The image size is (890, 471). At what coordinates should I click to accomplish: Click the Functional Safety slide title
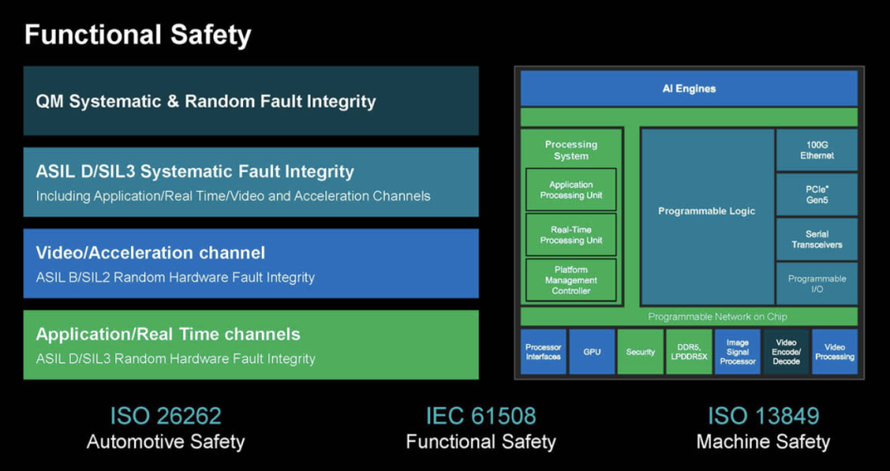138,35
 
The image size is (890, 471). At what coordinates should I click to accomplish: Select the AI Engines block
689,88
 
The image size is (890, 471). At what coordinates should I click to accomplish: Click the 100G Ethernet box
817,150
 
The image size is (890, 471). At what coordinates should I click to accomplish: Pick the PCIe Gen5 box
817,194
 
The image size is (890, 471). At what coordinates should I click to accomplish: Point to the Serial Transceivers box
817,239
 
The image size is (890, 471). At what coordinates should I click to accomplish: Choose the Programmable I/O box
817,284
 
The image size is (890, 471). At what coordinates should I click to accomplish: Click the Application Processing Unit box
571,190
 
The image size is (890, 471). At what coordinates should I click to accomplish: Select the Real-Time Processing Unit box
571,235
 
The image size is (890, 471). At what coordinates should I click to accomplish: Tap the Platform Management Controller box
571,280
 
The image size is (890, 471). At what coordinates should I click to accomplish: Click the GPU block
592,352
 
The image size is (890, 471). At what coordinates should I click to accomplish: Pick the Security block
640,352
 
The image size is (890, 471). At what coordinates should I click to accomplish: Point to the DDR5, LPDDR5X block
689,352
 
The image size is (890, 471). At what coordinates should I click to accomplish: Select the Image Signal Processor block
738,352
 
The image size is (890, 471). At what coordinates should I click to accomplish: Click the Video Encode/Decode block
786,352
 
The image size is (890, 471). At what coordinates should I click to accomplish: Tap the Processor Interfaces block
543,352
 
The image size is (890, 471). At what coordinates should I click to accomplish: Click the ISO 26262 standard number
166,415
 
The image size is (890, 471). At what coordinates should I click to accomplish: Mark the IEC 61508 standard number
480,415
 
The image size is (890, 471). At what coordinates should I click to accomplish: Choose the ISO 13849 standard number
762,415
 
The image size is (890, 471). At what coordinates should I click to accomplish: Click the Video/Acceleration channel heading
151,253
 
